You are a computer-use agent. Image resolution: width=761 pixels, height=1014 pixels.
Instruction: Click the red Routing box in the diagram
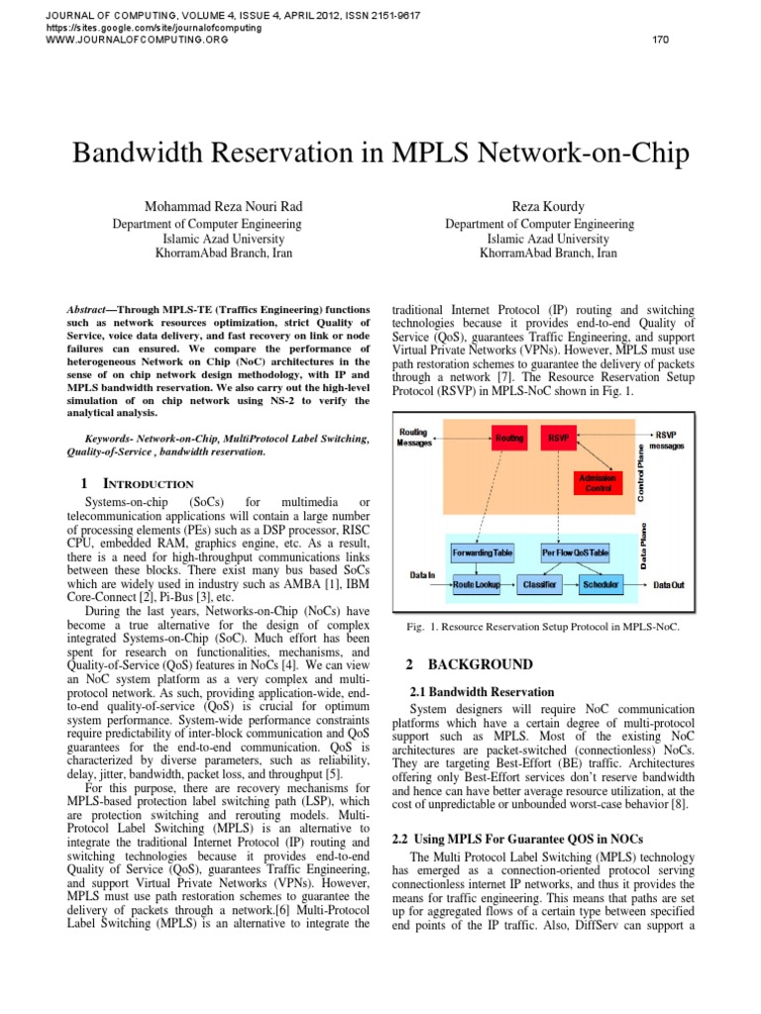509,437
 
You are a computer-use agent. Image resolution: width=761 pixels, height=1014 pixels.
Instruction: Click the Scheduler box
601,585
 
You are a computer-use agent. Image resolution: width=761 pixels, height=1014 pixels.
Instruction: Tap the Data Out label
669,585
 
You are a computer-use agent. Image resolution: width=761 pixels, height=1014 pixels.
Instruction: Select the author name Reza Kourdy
548,206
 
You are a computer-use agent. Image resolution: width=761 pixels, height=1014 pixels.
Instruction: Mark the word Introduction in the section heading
153,483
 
